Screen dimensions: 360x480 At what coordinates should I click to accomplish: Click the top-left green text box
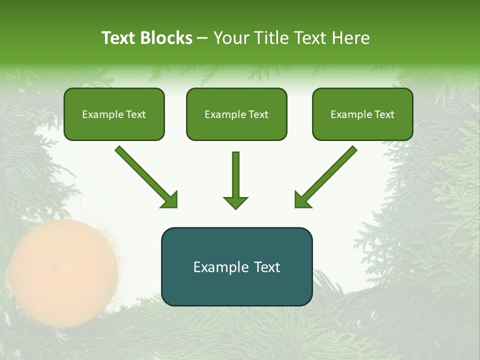114,114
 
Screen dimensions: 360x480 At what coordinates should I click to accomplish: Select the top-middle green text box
236,114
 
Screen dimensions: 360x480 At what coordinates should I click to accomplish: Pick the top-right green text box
362,114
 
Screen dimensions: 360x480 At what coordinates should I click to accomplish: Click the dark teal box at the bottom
236,266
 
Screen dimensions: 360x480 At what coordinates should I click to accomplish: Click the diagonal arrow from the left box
145,175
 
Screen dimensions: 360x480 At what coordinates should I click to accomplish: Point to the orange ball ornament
62,272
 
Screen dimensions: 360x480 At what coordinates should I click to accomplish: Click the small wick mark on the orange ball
48,262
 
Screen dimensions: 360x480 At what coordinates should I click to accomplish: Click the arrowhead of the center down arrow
235,202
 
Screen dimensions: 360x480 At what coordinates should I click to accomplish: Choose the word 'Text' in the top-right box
384,114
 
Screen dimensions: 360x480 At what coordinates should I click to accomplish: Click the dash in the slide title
202,38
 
